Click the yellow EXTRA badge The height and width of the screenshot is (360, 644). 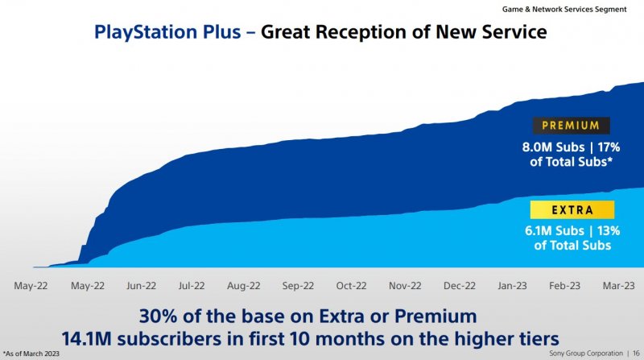(x=572, y=210)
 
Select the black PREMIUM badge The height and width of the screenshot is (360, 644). (x=571, y=126)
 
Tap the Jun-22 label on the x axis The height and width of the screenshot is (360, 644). (x=141, y=285)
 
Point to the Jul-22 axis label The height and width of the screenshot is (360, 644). (x=191, y=285)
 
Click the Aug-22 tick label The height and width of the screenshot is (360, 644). (x=244, y=285)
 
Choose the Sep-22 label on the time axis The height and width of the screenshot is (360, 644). (x=298, y=285)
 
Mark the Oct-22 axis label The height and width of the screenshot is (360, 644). (x=351, y=285)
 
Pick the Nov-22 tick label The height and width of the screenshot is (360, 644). (x=405, y=285)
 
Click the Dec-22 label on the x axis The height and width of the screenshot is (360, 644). (x=459, y=285)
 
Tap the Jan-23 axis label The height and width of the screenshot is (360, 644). (x=513, y=285)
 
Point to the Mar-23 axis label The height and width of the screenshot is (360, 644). (x=617, y=285)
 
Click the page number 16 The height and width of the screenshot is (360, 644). (x=636, y=354)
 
